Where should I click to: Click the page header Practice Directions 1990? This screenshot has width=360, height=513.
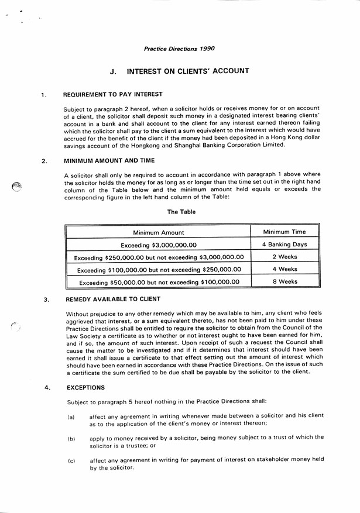click(179, 49)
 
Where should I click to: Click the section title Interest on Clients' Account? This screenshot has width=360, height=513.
click(188, 71)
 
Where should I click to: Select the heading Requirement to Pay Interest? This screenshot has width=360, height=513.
click(113, 94)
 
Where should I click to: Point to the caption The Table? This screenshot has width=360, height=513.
click(181, 212)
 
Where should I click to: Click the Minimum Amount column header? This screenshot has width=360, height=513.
click(158, 233)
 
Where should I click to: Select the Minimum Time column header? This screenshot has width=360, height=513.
click(284, 232)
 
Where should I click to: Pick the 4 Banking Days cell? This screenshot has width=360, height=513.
click(284, 245)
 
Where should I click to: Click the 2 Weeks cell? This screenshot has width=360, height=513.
click(284, 257)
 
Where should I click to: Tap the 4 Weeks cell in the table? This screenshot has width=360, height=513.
click(284, 269)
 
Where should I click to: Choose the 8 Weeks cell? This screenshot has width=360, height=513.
click(284, 281)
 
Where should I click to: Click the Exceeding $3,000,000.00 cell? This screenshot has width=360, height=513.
click(158, 245)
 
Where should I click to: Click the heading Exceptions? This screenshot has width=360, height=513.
click(86, 387)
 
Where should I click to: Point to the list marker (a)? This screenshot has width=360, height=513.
click(71, 416)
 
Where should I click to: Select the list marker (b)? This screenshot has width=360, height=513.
click(71, 438)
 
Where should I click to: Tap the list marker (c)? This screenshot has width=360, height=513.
click(71, 461)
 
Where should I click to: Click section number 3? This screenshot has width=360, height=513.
click(46, 301)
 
